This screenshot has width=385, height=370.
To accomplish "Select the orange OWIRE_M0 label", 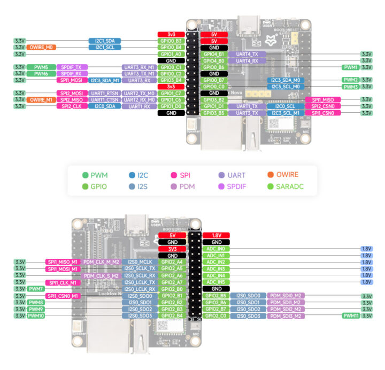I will [x=41, y=48].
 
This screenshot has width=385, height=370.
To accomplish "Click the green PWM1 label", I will [x=351, y=67].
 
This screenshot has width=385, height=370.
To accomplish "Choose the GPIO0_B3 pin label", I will [x=171, y=41].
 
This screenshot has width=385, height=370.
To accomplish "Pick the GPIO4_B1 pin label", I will [x=214, y=54].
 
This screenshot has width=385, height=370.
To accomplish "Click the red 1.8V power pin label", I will [x=217, y=235].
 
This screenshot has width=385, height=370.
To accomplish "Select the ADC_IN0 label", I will [x=217, y=249].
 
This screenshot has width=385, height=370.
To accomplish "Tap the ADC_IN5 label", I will [x=217, y=282].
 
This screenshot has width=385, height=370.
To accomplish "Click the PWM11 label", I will [x=351, y=315].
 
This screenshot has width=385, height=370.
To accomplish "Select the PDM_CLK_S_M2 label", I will [x=101, y=275].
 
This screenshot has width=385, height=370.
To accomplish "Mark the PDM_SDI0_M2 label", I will [x=286, y=295].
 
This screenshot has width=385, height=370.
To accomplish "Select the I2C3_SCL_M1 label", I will [x=285, y=113].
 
